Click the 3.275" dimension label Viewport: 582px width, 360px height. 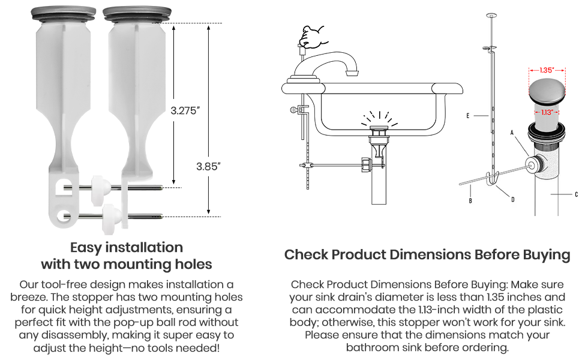(x=185, y=110)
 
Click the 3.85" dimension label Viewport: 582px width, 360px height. (x=208, y=166)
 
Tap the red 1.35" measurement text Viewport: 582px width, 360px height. (x=547, y=70)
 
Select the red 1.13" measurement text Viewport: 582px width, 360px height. (x=547, y=112)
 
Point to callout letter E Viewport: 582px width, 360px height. (x=467, y=116)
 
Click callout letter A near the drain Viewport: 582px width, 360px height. (x=512, y=133)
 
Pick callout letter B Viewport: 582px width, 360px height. (x=470, y=201)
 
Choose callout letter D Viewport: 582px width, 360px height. (x=512, y=200)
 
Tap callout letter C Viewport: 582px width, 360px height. (x=576, y=194)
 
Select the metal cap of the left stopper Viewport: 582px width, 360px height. (x=63, y=14)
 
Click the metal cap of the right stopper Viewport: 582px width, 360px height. (x=137, y=14)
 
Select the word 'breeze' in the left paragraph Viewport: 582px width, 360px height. (x=28, y=297)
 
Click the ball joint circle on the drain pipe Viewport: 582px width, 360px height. (x=533, y=163)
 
